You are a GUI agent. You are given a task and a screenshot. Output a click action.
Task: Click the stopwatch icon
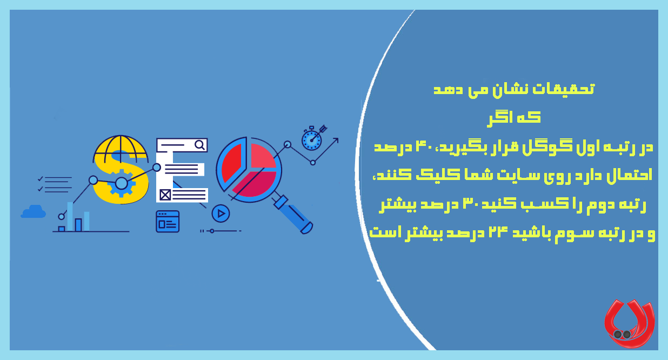tap(311, 139)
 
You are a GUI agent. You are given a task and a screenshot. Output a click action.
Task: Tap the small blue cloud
tap(34, 211)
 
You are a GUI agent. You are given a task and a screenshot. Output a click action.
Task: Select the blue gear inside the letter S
tap(121, 184)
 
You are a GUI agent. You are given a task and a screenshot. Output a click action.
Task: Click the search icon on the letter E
tap(200, 145)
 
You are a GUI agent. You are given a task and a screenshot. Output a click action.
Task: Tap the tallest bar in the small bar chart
tap(70, 216)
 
